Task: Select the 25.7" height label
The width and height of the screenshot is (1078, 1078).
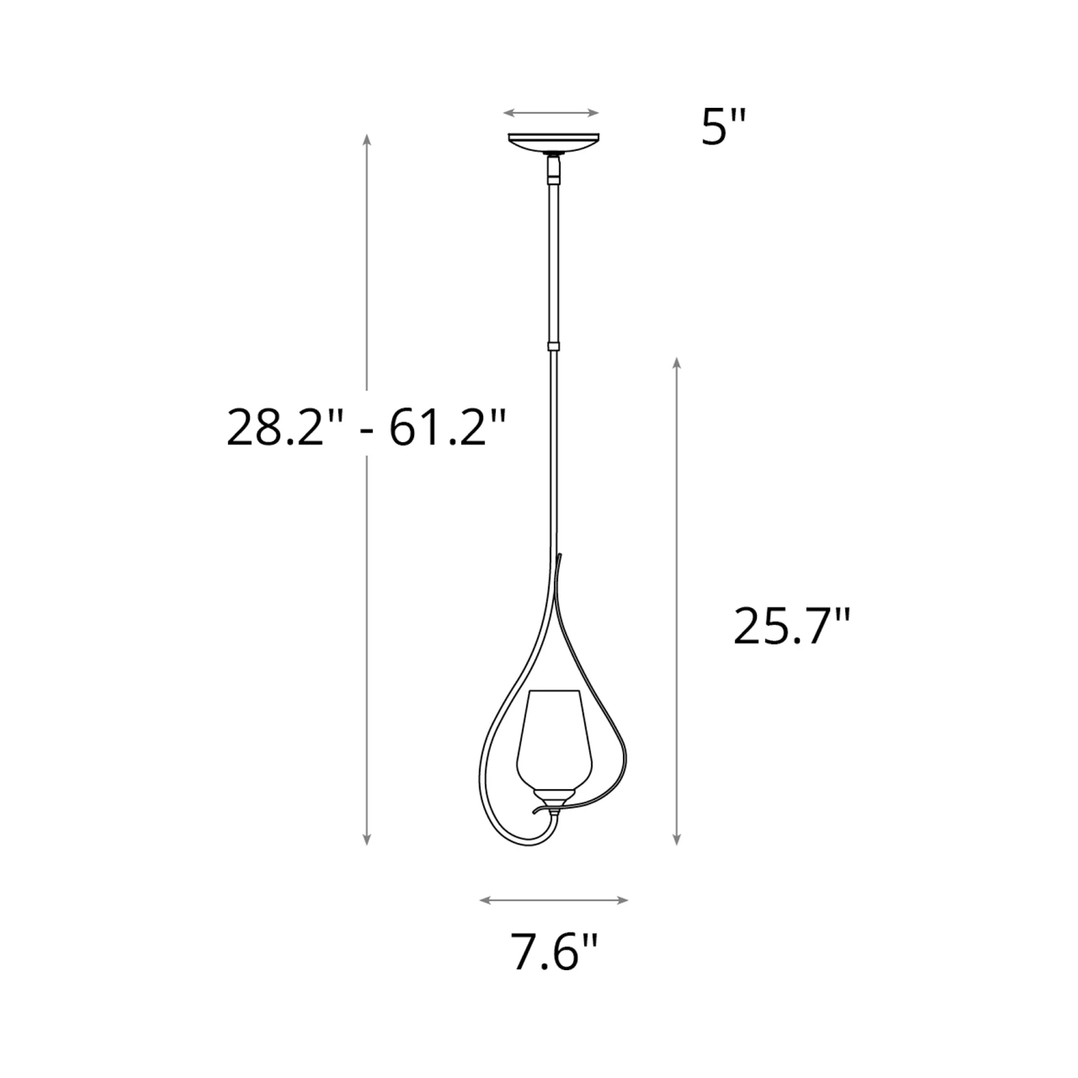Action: [792, 626]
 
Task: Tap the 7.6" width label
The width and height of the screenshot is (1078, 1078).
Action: [555, 952]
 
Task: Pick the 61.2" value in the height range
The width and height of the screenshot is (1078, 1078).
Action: [448, 428]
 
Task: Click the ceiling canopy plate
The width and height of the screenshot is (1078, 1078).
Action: [553, 142]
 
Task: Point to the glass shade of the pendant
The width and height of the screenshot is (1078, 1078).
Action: [553, 739]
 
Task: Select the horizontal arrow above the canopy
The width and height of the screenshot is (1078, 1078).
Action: [551, 113]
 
